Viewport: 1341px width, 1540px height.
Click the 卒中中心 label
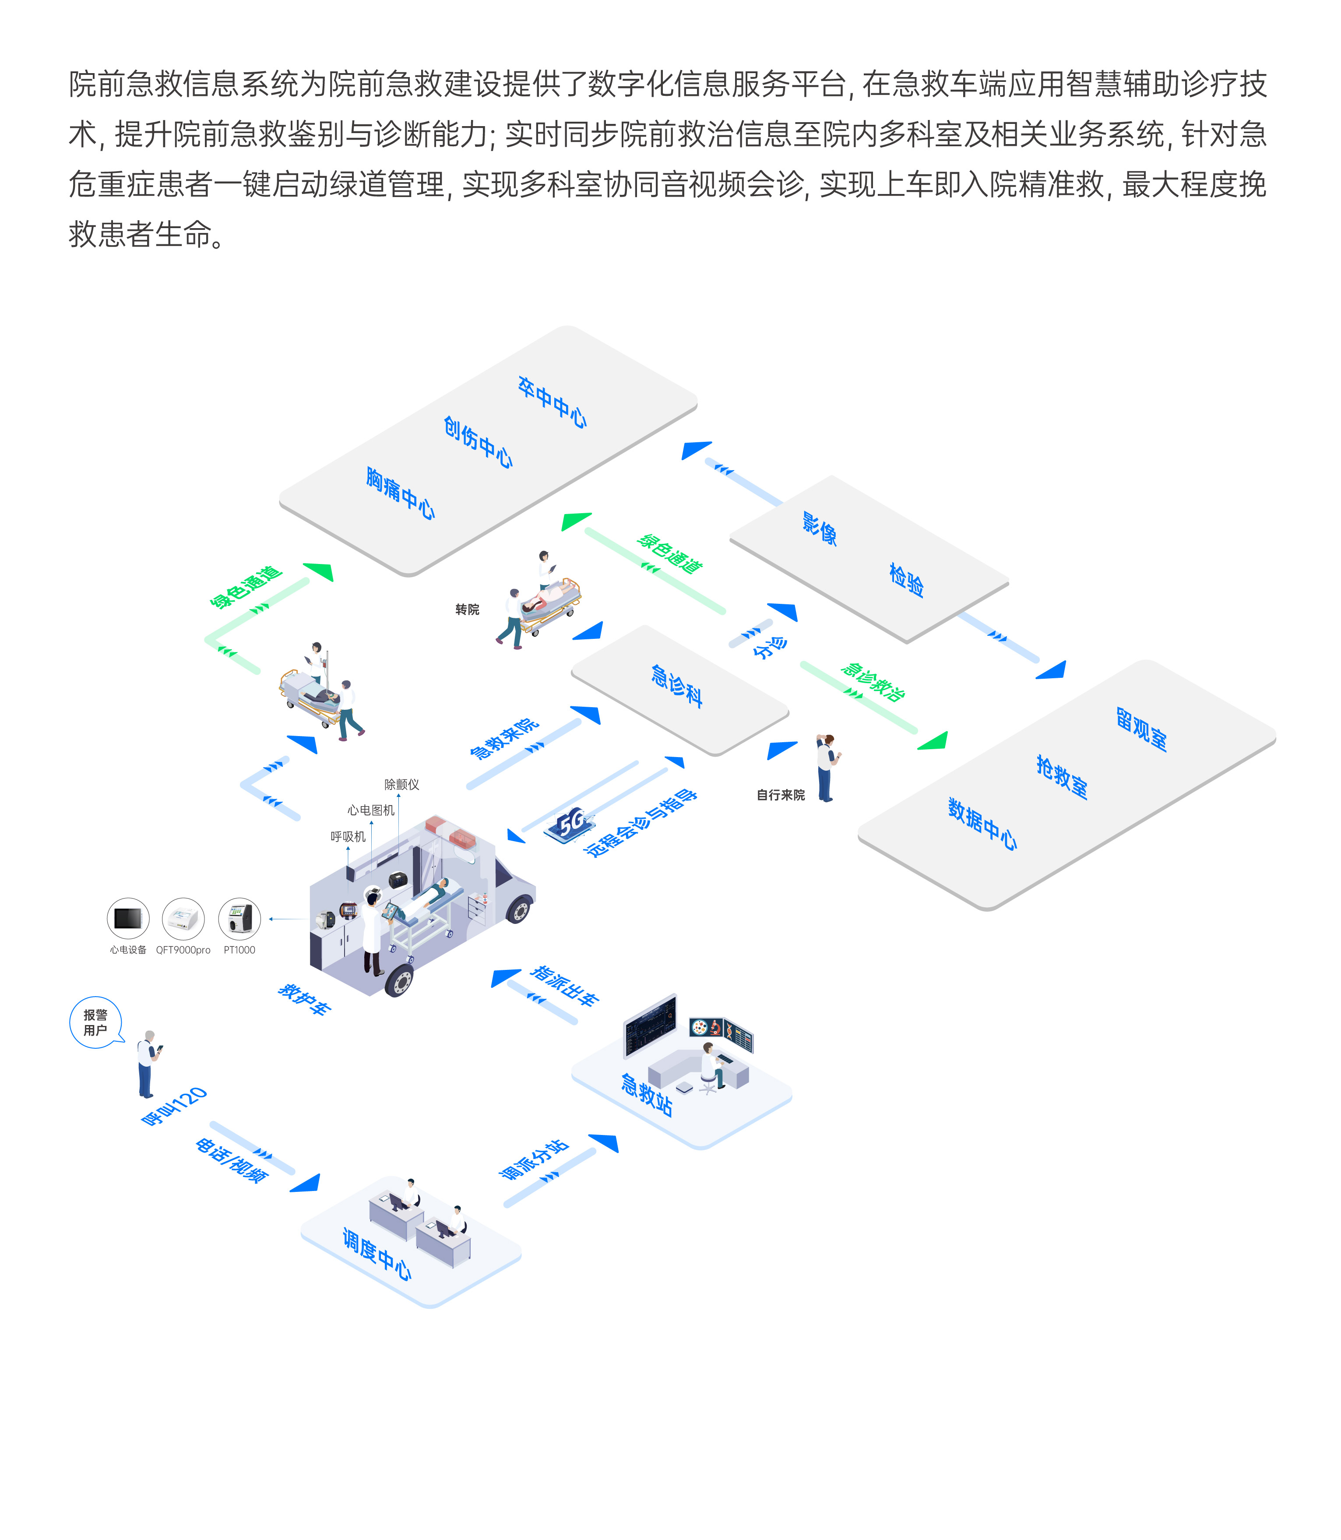tap(552, 402)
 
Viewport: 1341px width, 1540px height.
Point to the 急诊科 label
tap(676, 685)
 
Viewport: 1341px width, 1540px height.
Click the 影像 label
tap(820, 529)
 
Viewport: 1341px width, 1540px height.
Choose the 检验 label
tap(906, 580)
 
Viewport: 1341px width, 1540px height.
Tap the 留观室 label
tap(1141, 728)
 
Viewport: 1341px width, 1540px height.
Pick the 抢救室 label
tap(1062, 777)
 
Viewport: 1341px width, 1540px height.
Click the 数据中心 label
tap(982, 824)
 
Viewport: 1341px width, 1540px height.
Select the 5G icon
tap(570, 824)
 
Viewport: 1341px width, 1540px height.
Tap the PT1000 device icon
tap(239, 918)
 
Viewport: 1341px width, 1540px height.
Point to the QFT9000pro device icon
tap(183, 918)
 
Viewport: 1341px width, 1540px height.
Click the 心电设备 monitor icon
tap(128, 918)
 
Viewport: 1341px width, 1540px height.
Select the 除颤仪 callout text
tap(402, 784)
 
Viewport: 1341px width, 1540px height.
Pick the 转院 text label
tap(468, 610)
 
